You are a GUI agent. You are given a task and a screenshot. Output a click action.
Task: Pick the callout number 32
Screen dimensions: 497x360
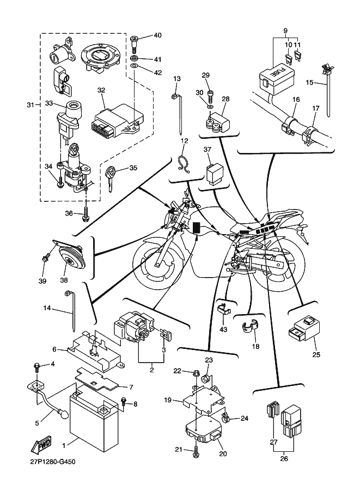(101, 90)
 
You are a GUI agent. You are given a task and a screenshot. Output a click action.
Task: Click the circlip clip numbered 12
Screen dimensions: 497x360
(184, 163)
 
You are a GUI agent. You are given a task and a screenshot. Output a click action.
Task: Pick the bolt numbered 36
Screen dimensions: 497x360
(86, 214)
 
